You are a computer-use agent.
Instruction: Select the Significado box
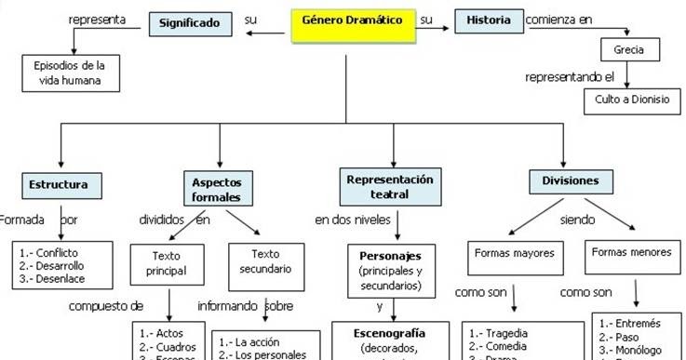(189, 22)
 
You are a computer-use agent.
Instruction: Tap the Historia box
(489, 20)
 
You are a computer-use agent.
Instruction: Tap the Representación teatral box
(390, 184)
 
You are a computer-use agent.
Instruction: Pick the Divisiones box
(564, 180)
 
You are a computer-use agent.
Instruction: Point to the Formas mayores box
(514, 253)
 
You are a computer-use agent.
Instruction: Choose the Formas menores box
(632, 253)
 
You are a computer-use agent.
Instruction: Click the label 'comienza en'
(558, 20)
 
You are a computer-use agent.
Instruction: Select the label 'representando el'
(571, 76)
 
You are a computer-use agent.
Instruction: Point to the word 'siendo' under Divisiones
(576, 220)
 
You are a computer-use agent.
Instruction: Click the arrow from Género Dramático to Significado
(267, 34)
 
